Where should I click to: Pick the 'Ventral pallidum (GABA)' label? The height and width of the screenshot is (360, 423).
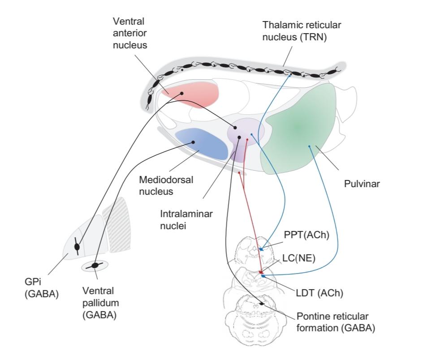click(99, 303)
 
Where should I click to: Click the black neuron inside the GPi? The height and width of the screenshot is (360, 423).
click(78, 247)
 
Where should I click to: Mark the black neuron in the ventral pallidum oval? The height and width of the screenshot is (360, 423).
click(95, 266)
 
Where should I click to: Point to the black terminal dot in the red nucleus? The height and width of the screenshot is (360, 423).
click(182, 93)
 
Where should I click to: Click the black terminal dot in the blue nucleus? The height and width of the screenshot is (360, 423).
click(193, 142)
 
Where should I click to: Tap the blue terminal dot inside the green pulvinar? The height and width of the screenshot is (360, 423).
click(309, 146)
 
